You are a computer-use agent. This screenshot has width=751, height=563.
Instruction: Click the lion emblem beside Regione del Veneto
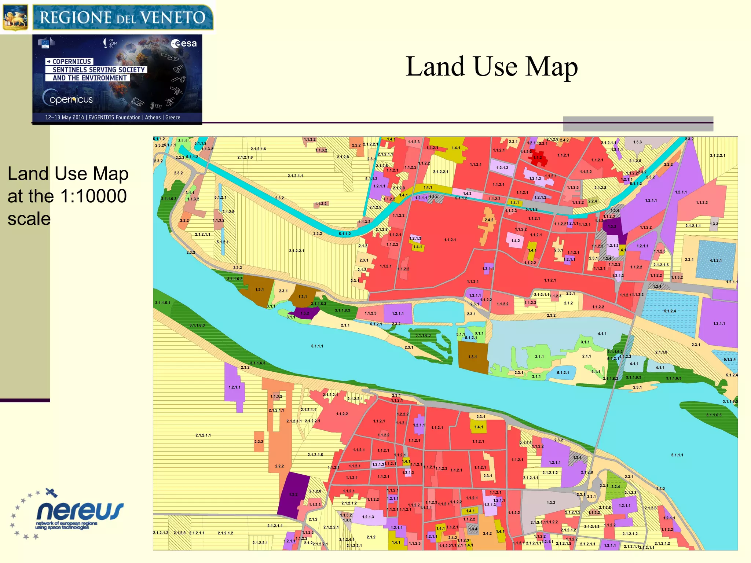tap(15, 17)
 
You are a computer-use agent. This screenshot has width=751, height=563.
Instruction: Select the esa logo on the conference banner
tap(184, 44)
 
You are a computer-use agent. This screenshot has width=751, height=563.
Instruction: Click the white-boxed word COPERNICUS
tap(72, 62)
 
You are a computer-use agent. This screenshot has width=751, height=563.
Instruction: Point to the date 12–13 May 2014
tap(64, 117)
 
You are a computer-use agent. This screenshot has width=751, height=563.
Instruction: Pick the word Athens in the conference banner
tap(153, 117)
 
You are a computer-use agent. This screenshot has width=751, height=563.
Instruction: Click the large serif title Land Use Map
tap(491, 67)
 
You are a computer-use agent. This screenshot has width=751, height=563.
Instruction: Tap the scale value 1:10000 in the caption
tap(94, 196)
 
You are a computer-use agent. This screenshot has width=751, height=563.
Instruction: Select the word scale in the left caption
tap(29, 219)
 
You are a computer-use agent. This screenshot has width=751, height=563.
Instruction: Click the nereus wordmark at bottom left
tap(80, 511)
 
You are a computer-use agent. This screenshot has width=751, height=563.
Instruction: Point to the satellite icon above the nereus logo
tap(51, 493)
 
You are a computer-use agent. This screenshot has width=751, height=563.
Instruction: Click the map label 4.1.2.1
tap(715, 261)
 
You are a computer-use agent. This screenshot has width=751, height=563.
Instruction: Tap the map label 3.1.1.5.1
tap(162, 303)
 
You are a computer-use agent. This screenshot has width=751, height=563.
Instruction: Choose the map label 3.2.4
tap(615, 487)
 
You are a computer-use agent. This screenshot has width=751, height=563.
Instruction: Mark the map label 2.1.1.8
tap(661, 352)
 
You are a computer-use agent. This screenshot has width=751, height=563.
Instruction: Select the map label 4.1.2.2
tap(625, 356)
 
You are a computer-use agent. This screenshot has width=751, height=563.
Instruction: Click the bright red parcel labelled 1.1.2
tap(538, 158)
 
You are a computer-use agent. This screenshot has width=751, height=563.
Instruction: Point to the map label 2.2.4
tap(593, 201)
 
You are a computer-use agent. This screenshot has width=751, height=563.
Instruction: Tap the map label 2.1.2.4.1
tap(347, 540)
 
